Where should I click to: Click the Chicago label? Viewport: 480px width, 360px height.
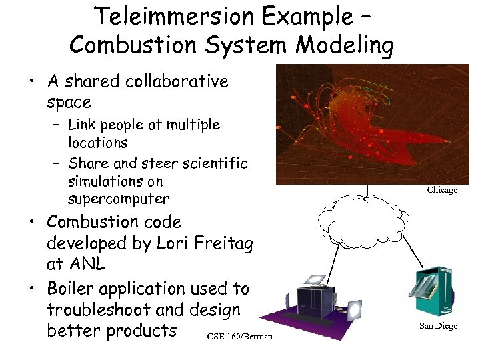point(442,190)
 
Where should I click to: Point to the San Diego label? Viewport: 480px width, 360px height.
point(438,326)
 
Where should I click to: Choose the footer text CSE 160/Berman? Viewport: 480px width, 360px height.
point(239,336)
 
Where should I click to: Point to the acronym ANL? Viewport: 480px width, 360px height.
point(85,264)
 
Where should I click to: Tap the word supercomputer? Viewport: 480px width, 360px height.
point(119,199)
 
